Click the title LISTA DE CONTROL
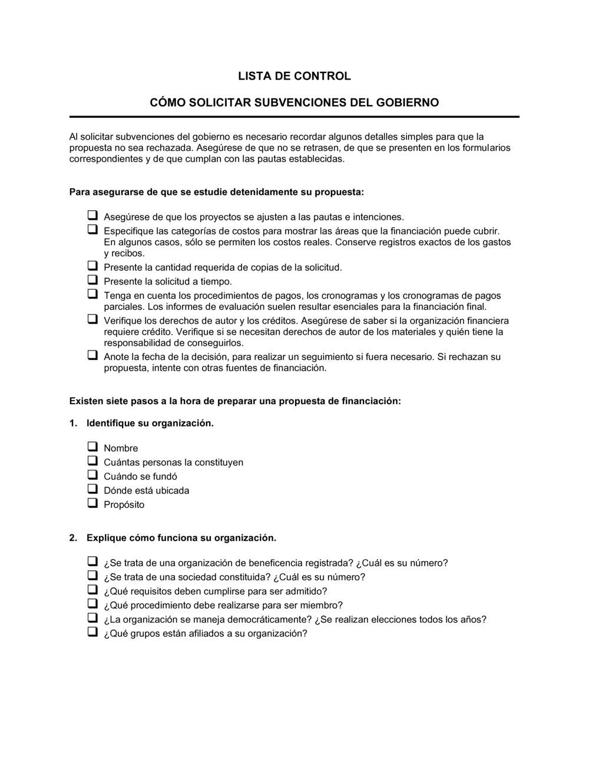click(x=294, y=76)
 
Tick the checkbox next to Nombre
click(x=92, y=447)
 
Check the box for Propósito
click(x=92, y=503)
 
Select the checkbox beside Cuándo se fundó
click(x=92, y=475)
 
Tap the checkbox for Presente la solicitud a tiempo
click(x=92, y=280)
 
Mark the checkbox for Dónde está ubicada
click(x=92, y=489)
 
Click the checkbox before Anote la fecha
click(x=92, y=355)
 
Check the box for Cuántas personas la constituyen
click(x=92, y=461)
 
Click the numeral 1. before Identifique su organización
click(x=73, y=423)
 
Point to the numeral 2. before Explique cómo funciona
click(x=73, y=538)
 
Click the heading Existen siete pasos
click(x=235, y=401)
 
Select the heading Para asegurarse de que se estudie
click(x=217, y=192)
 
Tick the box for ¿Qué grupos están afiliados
click(x=92, y=632)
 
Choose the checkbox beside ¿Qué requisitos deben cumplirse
click(x=92, y=590)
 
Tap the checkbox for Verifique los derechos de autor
click(x=92, y=319)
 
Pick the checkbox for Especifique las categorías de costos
click(x=92, y=229)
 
